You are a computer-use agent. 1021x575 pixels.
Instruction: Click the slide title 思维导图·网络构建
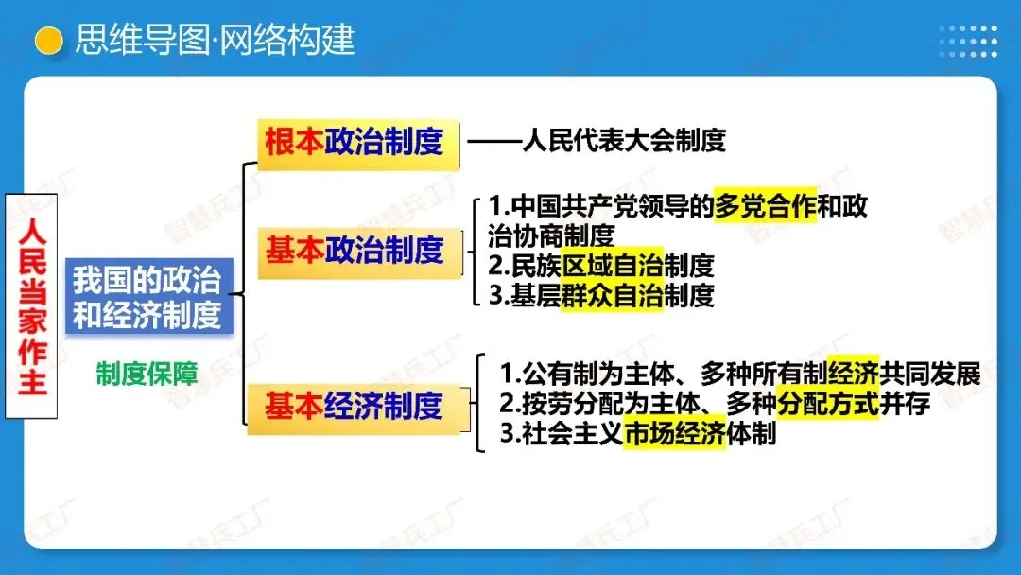[215, 40]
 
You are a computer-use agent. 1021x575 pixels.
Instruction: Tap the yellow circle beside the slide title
[48, 41]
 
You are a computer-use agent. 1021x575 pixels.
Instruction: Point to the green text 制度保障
[147, 375]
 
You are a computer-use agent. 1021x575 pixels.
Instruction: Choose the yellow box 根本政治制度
[354, 143]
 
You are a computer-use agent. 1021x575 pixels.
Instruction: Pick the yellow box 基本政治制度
[354, 251]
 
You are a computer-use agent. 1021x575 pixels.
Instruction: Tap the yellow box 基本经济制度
[354, 407]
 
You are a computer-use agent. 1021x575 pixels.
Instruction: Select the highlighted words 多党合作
[765, 205]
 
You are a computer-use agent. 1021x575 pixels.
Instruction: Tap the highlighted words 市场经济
[675, 436]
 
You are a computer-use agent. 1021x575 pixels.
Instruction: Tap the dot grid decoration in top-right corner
[967, 41]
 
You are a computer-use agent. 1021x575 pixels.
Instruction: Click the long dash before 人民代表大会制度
[494, 142]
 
